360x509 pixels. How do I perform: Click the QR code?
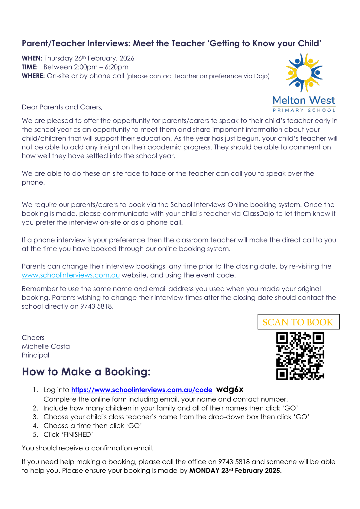[x=300, y=356]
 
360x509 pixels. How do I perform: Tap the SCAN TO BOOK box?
[x=298, y=322]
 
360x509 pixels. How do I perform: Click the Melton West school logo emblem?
[x=304, y=73]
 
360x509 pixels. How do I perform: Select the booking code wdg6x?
[x=230, y=389]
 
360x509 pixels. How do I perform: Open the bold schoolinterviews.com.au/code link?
[x=142, y=390]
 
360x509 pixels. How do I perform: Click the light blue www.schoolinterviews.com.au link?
[x=71, y=275]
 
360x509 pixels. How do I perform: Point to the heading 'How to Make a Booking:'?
[x=86, y=372]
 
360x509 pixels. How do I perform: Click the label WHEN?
[x=32, y=58]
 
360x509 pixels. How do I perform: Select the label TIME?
[x=30, y=67]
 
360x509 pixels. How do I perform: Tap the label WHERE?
[x=33, y=76]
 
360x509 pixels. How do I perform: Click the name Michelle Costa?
[x=46, y=346]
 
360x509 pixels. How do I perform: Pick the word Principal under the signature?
[x=35, y=355]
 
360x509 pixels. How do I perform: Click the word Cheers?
[x=33, y=338]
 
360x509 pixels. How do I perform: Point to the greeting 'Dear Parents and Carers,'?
[x=62, y=107]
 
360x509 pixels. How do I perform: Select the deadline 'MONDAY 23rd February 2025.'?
[x=235, y=471]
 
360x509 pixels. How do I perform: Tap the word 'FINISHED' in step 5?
[x=78, y=435]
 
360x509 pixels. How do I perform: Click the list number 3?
[x=35, y=417]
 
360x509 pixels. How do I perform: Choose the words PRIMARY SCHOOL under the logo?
[x=304, y=110]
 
